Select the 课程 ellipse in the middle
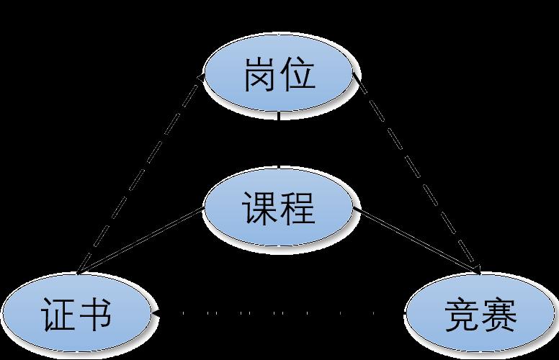click(279, 209)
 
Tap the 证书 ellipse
click(76, 315)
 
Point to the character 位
click(298, 74)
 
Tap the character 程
click(298, 210)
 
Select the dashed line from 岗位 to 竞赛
click(416, 173)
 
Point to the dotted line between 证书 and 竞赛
click(277, 313)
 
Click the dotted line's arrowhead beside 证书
click(156, 313)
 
